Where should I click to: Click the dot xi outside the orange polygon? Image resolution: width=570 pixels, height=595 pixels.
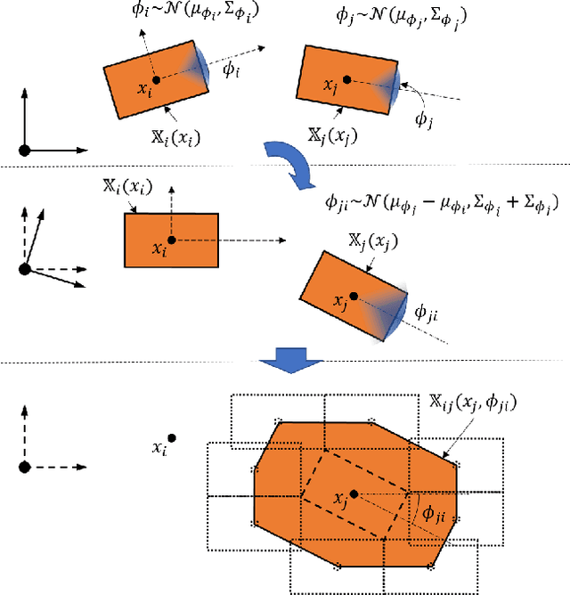[171, 437]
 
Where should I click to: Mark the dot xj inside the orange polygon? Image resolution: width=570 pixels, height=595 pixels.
[354, 493]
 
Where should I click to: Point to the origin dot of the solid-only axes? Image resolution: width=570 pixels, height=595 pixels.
[25, 150]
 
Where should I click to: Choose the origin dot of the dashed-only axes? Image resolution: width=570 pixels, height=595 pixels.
[25, 466]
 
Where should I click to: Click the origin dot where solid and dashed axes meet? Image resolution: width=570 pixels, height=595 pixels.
[25, 268]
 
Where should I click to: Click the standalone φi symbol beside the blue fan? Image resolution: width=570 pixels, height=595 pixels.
[230, 70]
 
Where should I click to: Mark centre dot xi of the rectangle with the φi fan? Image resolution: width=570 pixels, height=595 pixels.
[156, 79]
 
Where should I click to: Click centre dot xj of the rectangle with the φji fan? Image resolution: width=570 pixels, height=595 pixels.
[354, 296]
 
